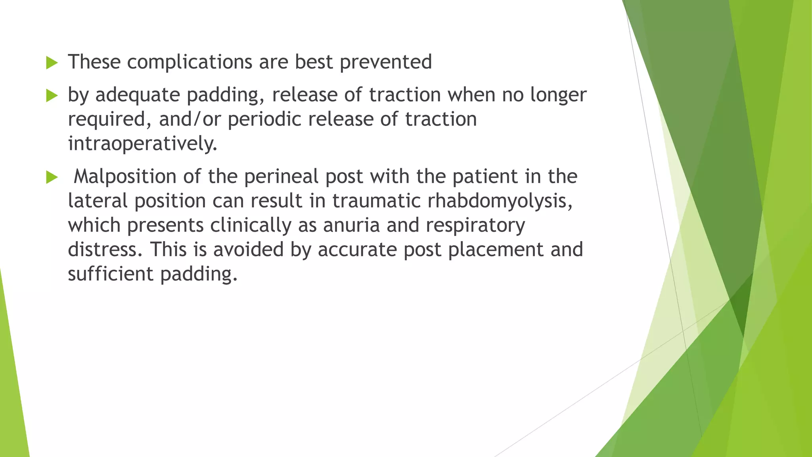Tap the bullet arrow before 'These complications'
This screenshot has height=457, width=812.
(x=52, y=63)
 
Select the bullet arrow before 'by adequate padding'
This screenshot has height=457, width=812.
(x=52, y=95)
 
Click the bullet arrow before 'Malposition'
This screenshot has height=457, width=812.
(x=52, y=177)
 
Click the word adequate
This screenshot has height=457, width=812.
(x=138, y=95)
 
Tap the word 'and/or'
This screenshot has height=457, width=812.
(x=190, y=119)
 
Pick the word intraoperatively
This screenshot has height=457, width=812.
(x=143, y=144)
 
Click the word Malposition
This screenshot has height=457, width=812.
(x=125, y=177)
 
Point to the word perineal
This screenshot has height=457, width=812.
(x=281, y=177)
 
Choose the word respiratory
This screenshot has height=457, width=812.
(x=475, y=226)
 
